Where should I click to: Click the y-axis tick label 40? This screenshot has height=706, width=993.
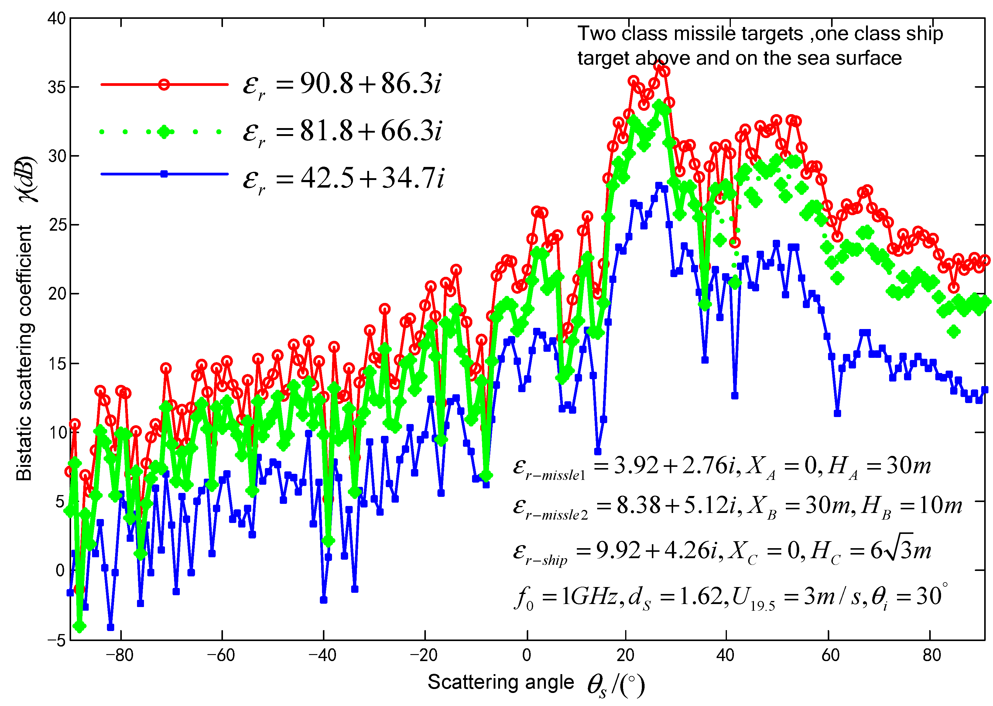coord(56,19)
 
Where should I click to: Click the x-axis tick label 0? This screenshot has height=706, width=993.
coord(526,655)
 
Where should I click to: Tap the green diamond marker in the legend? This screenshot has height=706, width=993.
coord(164,131)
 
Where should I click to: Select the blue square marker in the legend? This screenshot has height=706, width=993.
coord(164,174)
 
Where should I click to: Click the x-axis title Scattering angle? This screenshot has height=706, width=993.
coord(501,682)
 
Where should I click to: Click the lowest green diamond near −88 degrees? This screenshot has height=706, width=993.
coord(80,626)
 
